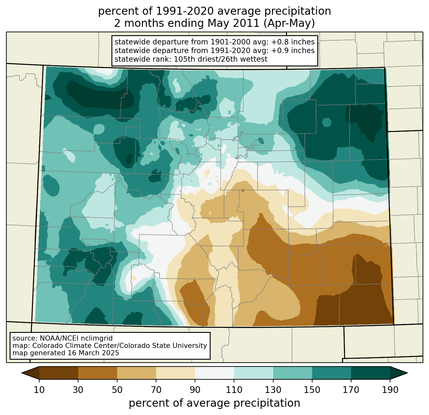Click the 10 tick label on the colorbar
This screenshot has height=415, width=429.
(x=39, y=390)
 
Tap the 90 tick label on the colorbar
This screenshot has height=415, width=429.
(x=195, y=390)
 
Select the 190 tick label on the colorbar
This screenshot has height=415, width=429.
(x=390, y=390)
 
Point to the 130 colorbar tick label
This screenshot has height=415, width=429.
(x=273, y=390)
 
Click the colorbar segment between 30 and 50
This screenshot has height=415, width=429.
(x=98, y=373)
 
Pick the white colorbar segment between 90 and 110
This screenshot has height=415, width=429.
(x=214, y=373)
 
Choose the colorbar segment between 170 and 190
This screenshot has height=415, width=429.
(x=371, y=373)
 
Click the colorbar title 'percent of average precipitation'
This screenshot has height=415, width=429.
(x=214, y=403)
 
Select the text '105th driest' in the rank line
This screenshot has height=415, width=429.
(x=208, y=59)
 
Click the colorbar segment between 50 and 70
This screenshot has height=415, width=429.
(x=137, y=373)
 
